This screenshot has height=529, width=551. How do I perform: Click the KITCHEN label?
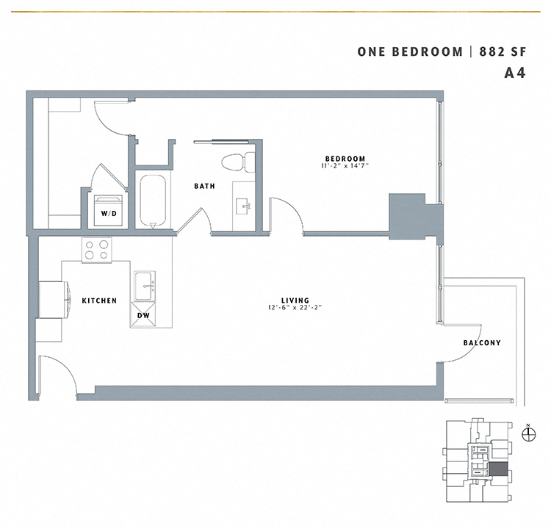click(99, 301)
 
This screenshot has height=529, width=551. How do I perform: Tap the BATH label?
click(204, 186)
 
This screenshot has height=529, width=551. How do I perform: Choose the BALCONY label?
click(482, 343)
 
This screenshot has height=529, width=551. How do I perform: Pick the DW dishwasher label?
click(144, 315)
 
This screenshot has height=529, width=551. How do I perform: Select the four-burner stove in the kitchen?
click(97, 250)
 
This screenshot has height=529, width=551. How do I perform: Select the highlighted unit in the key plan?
click(498, 469)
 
